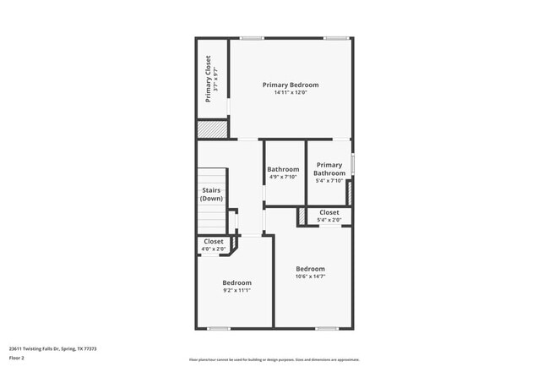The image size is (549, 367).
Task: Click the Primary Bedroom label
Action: (x=291, y=85)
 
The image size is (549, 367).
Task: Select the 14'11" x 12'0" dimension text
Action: (x=291, y=93)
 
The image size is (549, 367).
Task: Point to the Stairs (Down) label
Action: (x=211, y=194)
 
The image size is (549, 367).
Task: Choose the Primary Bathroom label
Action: (x=329, y=169)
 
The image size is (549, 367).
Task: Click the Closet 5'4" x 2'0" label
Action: (x=329, y=216)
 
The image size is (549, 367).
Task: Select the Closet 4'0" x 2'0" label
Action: (x=213, y=245)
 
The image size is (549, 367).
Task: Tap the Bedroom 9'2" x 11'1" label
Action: (x=236, y=286)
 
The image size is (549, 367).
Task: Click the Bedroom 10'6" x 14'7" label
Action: (x=310, y=272)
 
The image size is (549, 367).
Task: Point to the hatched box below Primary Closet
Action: (x=212, y=129)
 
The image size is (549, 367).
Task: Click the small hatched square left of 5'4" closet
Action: (x=300, y=216)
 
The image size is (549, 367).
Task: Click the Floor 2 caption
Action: (x=18, y=358)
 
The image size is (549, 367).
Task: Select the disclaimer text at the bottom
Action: (x=274, y=359)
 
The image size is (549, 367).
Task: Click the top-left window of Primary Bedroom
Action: (x=251, y=38)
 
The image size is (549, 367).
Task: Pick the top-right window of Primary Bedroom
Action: (x=337, y=38)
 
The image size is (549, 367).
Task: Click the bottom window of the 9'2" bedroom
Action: (x=219, y=328)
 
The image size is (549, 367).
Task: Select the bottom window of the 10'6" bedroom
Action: (x=326, y=328)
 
